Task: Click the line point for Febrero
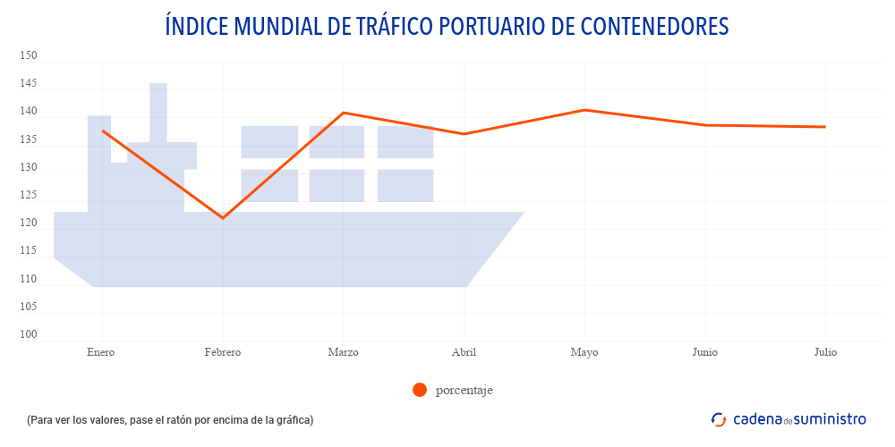(223, 218)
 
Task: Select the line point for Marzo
(344, 113)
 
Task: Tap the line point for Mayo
(584, 110)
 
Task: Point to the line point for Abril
(464, 134)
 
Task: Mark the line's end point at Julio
(825, 127)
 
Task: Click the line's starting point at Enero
(102, 131)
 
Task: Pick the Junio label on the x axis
(704, 352)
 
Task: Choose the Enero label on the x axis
(101, 352)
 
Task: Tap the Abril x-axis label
(464, 352)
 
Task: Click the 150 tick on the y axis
(29, 56)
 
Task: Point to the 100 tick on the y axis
(29, 335)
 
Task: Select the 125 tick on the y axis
(29, 196)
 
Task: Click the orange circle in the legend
(420, 390)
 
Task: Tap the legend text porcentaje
(464, 390)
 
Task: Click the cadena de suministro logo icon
(718, 419)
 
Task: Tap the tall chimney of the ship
(158, 112)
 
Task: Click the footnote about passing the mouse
(170, 419)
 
